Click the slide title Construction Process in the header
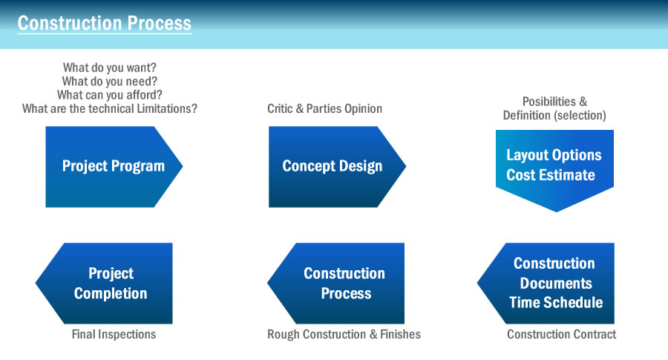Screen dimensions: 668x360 click(x=105, y=23)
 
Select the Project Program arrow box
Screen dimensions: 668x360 click(x=114, y=166)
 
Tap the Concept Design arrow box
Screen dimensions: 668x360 click(x=337, y=166)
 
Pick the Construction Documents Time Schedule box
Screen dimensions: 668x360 click(x=546, y=284)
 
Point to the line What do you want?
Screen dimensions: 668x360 click(x=110, y=68)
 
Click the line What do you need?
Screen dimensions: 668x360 click(x=110, y=81)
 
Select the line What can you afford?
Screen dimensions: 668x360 click(x=110, y=94)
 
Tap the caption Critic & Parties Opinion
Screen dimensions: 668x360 click(x=324, y=108)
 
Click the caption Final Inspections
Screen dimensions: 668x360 click(x=114, y=335)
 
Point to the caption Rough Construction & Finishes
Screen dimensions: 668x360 click(x=344, y=335)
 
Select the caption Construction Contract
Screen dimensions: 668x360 click(x=562, y=335)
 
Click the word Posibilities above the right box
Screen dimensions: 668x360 click(x=549, y=102)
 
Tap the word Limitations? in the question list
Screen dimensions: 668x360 click(x=167, y=108)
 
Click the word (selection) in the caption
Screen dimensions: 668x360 click(x=580, y=116)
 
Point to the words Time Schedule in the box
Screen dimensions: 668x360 click(x=556, y=303)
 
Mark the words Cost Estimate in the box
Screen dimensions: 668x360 click(x=551, y=175)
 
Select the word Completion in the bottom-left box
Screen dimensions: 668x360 click(x=111, y=293)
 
